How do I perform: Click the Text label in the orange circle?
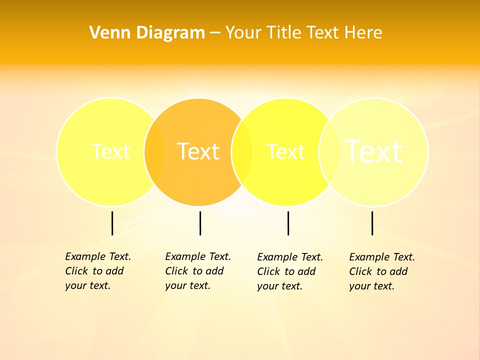click(x=198, y=151)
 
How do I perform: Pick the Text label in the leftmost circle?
click(x=110, y=151)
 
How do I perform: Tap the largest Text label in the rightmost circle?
click(x=373, y=151)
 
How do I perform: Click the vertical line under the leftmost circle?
click(x=112, y=223)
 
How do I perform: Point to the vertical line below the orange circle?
click(x=200, y=223)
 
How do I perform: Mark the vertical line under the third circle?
click(x=288, y=223)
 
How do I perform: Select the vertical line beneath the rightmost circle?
click(x=372, y=223)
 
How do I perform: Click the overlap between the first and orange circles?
click(x=154, y=152)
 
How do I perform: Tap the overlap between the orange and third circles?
click(x=242, y=152)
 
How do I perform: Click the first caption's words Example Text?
click(x=98, y=256)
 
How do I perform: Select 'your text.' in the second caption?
click(x=187, y=285)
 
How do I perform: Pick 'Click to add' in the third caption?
click(x=286, y=271)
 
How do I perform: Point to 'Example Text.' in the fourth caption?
click(x=382, y=257)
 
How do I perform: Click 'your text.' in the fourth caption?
click(x=371, y=286)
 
